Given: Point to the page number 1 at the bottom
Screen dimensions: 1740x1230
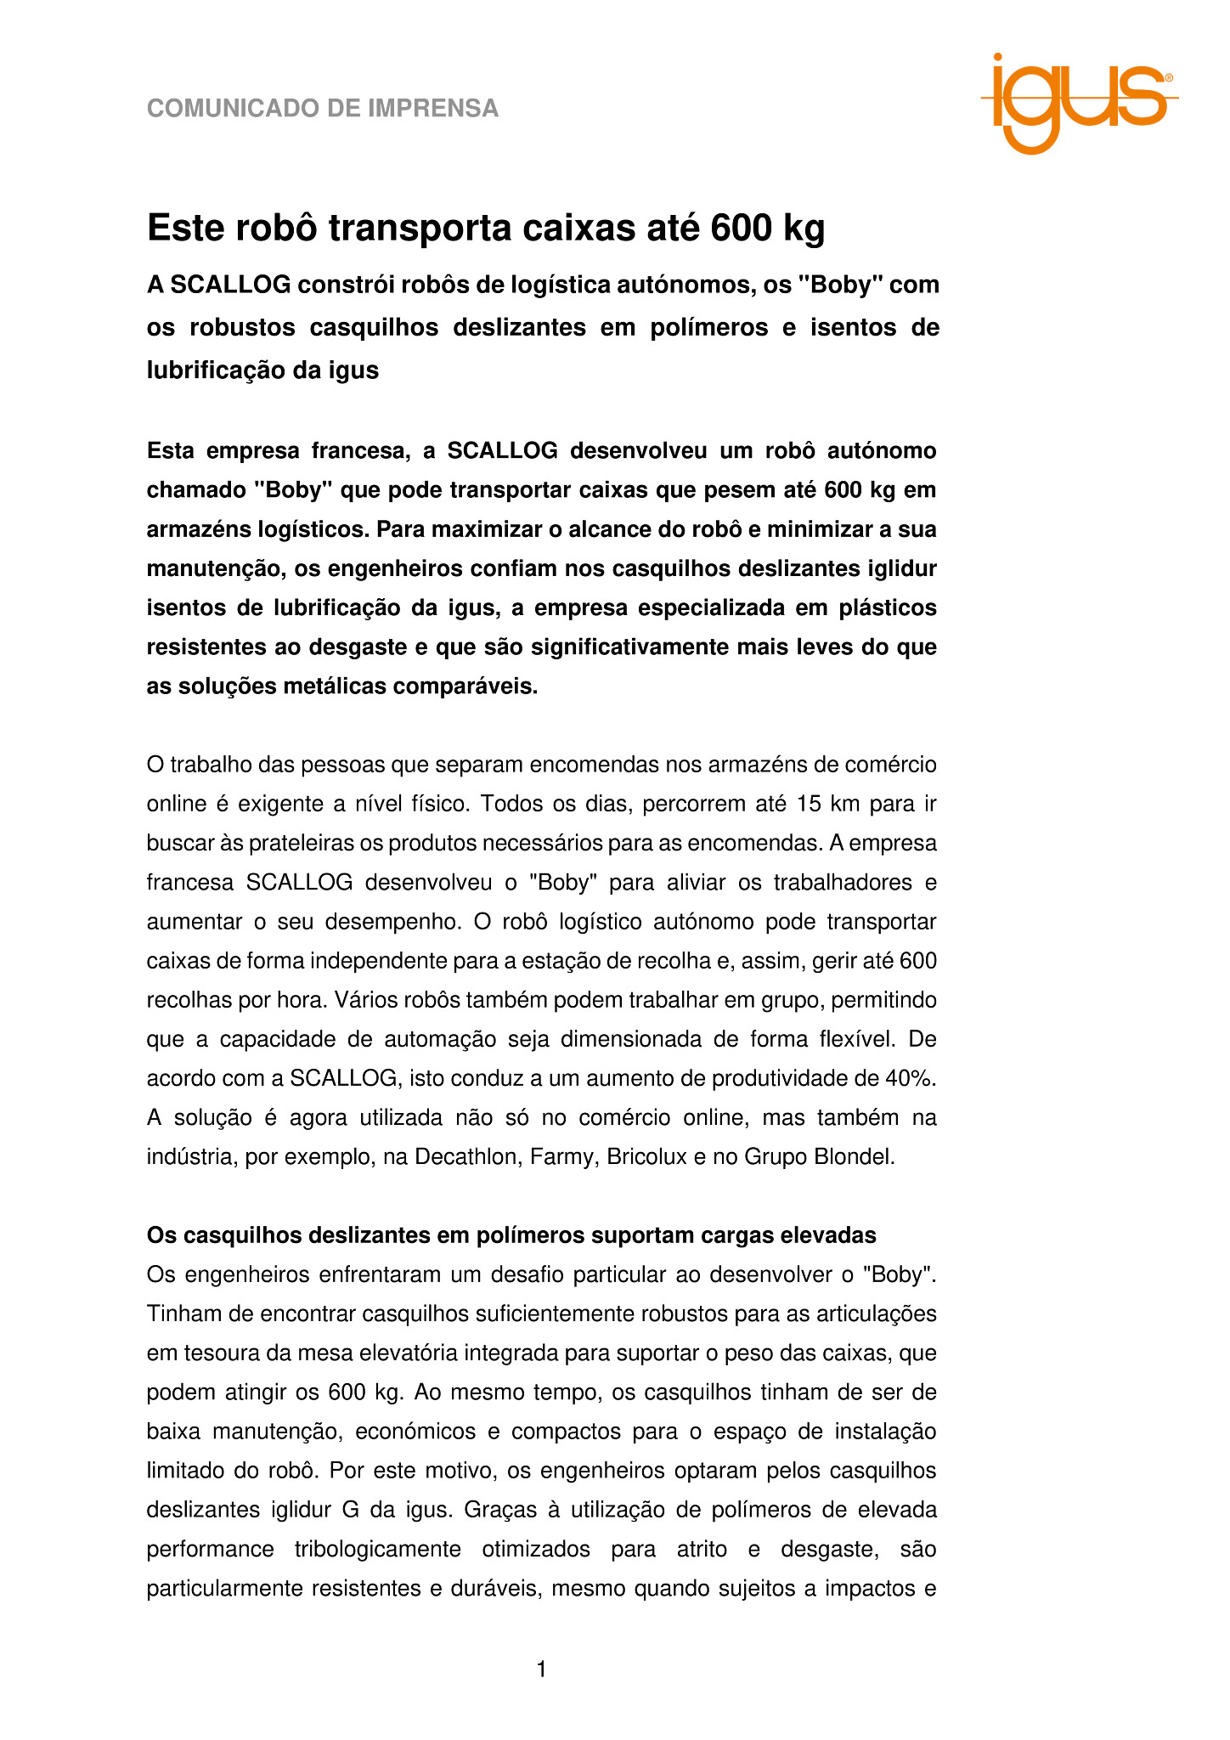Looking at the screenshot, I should click(x=541, y=1669).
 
